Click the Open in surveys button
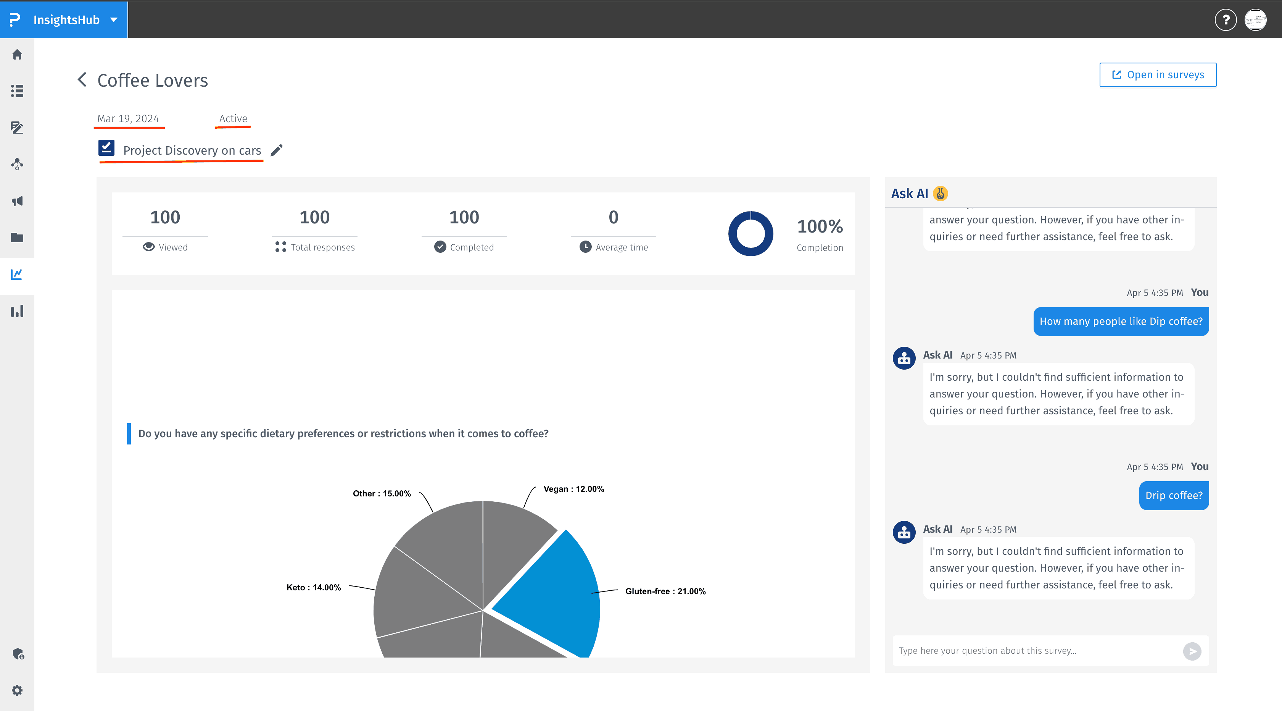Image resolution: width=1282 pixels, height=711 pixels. coord(1158,75)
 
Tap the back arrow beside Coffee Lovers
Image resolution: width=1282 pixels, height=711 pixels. coord(82,80)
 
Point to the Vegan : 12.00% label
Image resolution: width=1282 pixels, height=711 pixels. coord(573,489)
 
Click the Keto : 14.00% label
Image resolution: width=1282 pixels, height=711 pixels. coord(314,588)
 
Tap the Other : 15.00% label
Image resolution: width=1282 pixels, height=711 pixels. coord(382,493)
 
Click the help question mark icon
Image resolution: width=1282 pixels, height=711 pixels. coord(1225,20)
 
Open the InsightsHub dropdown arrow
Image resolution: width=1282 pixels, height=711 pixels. coord(114,20)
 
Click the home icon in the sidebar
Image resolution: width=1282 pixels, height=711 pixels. coord(17,54)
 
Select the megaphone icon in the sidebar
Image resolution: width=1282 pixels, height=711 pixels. coord(17,201)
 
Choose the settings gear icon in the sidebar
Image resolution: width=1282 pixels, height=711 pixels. coord(17,690)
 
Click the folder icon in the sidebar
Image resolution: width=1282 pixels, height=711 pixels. coord(17,238)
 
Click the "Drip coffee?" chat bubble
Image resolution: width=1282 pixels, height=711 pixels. coord(1174,495)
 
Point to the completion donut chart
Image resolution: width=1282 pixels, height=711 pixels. coord(751,234)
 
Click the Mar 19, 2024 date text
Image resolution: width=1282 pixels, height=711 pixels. coord(128,118)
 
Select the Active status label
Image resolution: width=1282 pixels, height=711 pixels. coord(233,118)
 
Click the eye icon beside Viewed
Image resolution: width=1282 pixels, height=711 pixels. coord(148,247)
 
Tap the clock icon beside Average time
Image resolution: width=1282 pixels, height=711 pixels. coord(585,247)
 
